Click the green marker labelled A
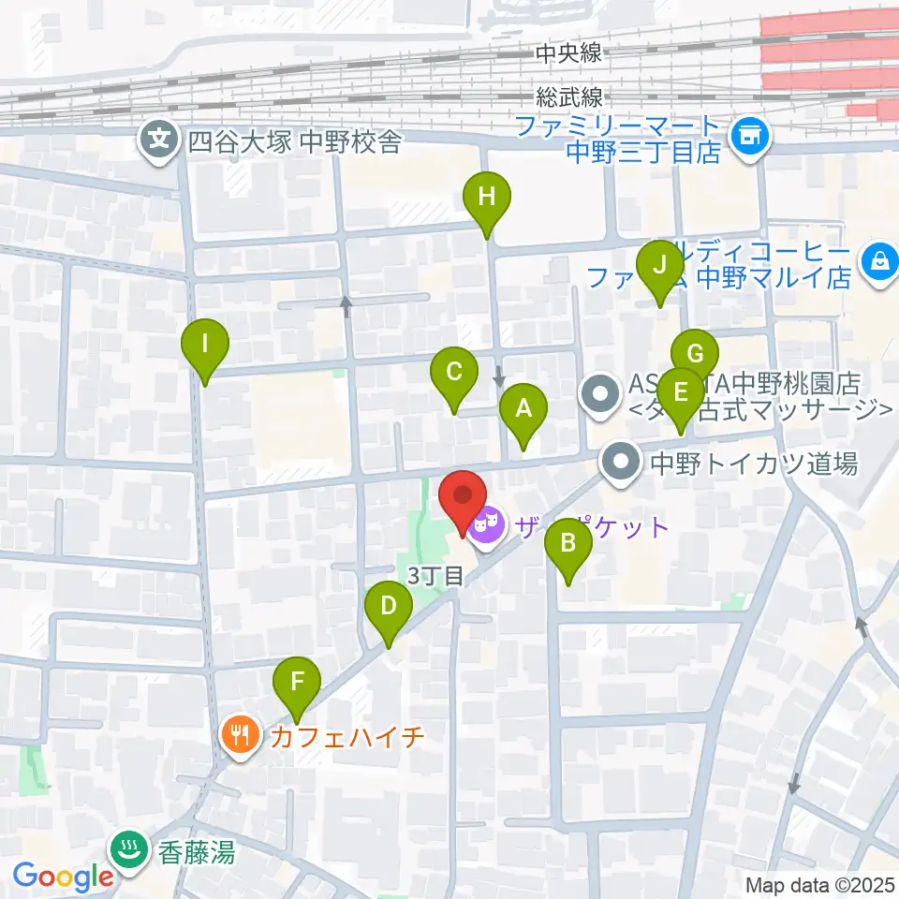point(523,408)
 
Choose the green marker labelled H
point(486,198)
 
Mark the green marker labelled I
point(205,344)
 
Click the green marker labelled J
point(659,265)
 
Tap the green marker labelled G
point(694,355)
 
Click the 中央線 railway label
point(568,54)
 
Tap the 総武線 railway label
point(569,97)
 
